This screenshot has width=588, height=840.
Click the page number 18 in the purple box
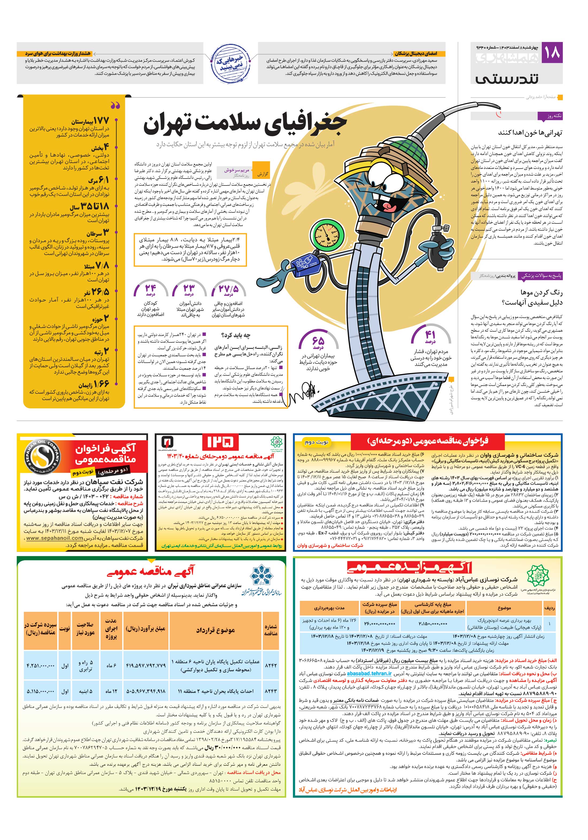click(x=552, y=53)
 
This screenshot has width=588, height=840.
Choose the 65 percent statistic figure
click(x=317, y=341)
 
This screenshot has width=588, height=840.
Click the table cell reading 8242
click(x=271, y=665)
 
